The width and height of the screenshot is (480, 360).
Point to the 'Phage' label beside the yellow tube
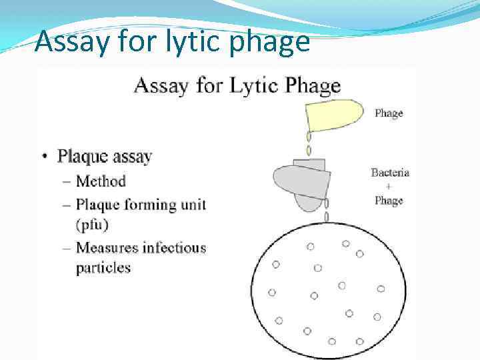388,113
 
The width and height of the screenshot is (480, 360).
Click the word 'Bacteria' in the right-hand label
390,173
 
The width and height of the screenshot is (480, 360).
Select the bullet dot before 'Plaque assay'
45,157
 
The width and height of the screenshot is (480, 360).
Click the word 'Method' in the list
101,181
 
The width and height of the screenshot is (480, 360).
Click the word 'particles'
103,268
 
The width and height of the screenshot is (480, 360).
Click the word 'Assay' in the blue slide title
72,41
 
